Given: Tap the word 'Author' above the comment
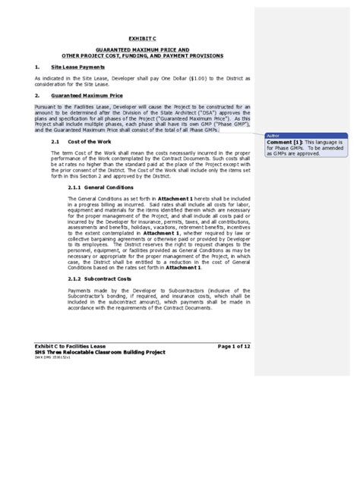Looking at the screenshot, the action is click(271, 134).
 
